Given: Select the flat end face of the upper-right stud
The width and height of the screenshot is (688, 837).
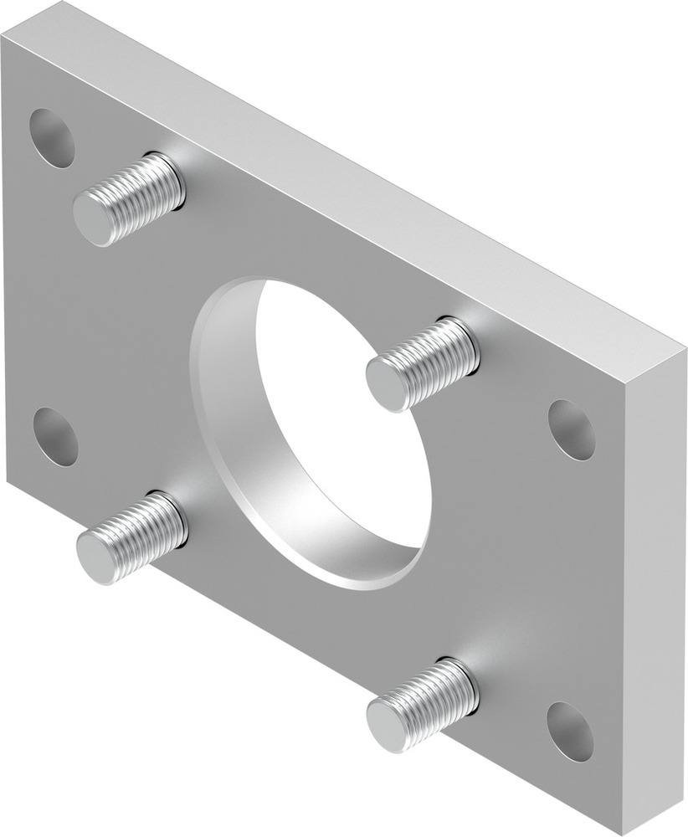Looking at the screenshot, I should click(388, 383).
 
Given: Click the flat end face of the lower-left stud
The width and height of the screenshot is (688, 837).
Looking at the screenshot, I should click(97, 556).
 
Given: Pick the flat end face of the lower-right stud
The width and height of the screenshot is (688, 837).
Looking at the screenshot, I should click(387, 724).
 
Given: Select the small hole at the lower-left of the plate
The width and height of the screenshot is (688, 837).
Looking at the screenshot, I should click(55, 437).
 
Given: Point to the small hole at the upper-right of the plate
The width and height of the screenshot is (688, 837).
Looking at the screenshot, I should click(572, 429).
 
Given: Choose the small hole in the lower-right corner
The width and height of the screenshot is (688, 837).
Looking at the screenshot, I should click(570, 732).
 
